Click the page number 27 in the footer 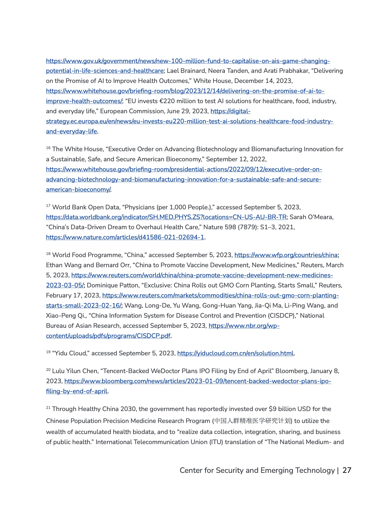tap(347, 470)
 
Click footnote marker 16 tap(48, 148)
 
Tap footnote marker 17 tap(48, 206)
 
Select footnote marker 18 tap(48, 254)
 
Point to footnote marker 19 tap(48, 352)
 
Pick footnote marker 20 tap(48, 370)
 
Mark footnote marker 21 tap(48, 408)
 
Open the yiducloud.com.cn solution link tap(235, 353)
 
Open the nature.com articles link tap(125, 238)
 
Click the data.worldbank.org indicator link tap(166, 217)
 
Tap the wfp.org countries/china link tap(286, 255)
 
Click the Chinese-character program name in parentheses tap(252, 421)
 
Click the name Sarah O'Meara tap(311, 217)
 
